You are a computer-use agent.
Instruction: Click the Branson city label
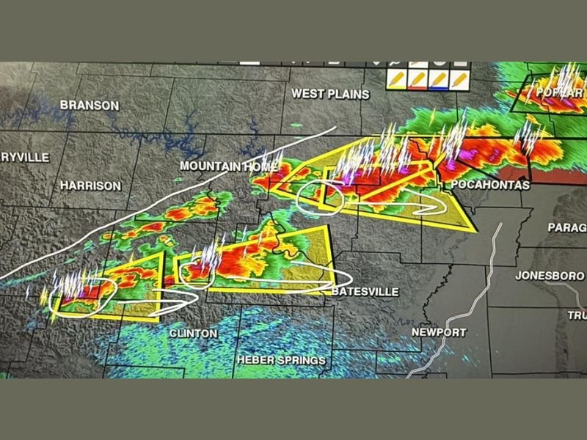coord(90,106)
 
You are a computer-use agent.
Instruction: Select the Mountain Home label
coord(225,166)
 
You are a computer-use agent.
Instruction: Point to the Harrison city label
coord(91,186)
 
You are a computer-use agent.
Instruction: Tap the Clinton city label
coord(193,334)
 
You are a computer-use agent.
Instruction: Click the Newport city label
coord(439,332)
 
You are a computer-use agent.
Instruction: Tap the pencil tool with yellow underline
coord(398,78)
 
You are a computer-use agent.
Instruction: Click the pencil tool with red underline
coord(419,78)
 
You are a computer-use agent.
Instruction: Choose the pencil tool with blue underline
coord(440,78)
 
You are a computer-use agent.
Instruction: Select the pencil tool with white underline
coord(460,78)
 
